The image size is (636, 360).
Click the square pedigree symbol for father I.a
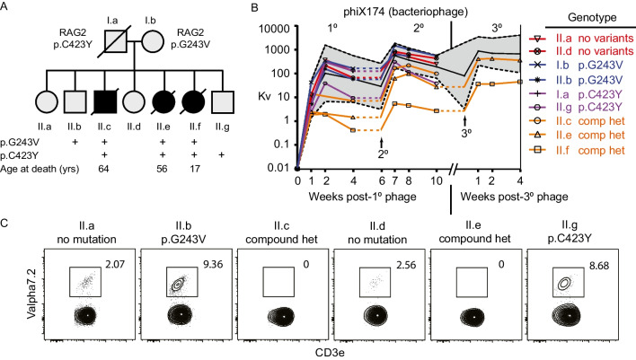coord(105,41)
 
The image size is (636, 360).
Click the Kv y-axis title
coord(250,97)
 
